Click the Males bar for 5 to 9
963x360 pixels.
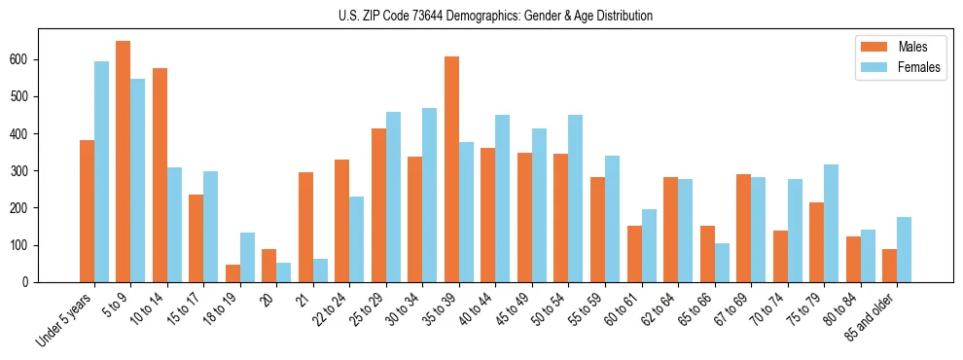[124, 162]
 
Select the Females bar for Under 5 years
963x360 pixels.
[101, 171]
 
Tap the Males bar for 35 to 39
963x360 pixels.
[452, 169]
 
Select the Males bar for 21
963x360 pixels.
[305, 227]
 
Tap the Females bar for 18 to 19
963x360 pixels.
[247, 257]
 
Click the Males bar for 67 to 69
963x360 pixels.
[744, 228]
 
